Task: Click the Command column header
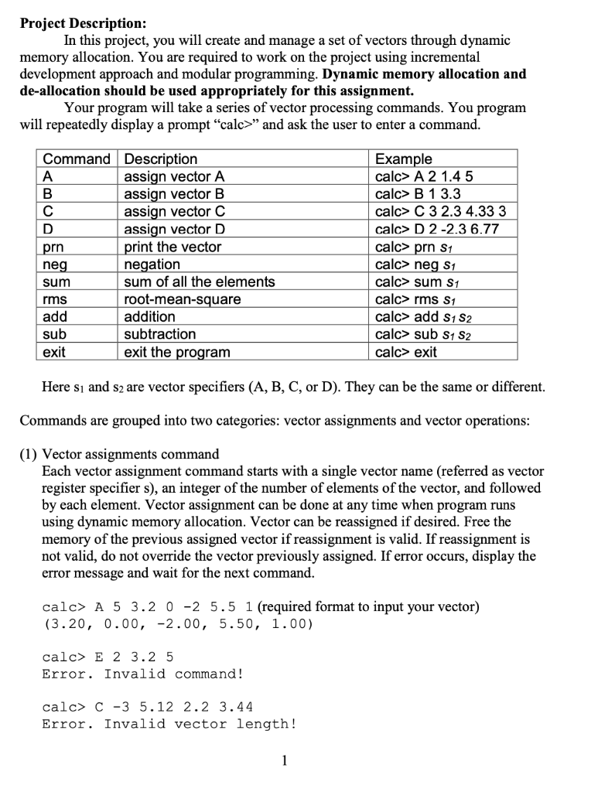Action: [76, 159]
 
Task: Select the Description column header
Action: [161, 159]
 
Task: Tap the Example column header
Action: [404, 159]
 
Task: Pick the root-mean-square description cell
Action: [183, 299]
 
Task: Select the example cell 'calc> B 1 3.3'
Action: [418, 194]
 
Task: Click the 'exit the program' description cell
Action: [177, 352]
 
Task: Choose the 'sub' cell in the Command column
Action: [54, 334]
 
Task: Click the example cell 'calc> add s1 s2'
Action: [422, 317]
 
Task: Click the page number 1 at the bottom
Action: [284, 760]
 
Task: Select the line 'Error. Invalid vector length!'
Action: [169, 724]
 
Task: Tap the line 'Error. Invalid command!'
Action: [143, 674]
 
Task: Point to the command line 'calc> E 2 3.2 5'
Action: [108, 657]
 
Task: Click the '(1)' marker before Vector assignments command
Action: [29, 454]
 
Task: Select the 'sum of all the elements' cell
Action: [200, 282]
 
